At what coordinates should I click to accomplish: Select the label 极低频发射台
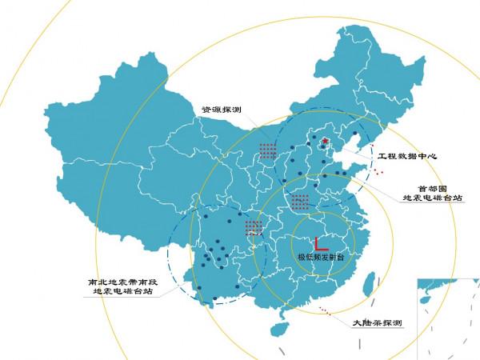coord(320,258)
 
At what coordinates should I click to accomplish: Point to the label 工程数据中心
coord(407,156)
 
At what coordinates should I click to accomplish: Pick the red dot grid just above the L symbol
coord(300,201)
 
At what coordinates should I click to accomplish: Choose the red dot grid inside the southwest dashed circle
coord(254,227)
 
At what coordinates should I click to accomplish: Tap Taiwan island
coord(369,284)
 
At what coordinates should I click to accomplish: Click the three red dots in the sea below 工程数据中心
coord(378,171)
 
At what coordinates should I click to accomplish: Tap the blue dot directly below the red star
coord(324,158)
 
